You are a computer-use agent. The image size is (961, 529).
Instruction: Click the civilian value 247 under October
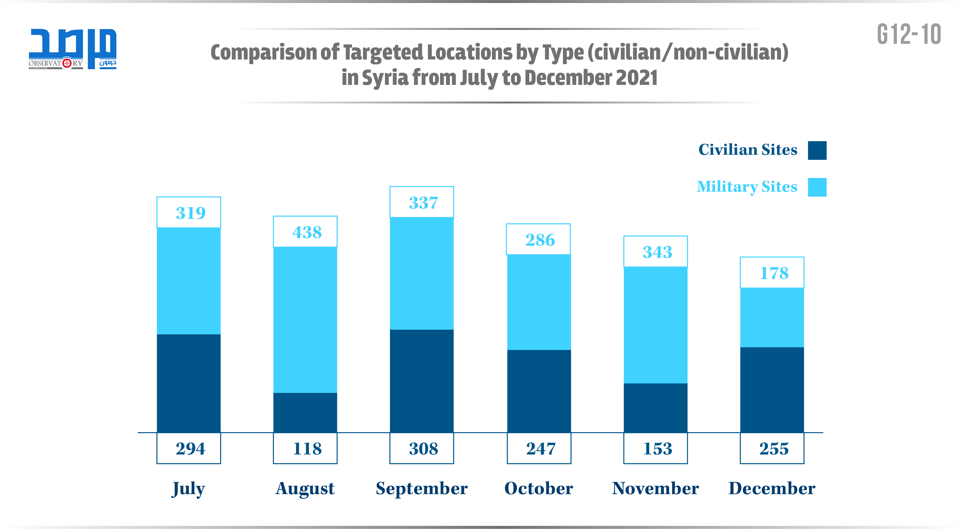click(x=540, y=448)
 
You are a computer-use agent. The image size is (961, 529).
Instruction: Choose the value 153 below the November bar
click(x=657, y=448)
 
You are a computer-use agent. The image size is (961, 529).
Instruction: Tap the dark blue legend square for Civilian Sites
click(x=817, y=150)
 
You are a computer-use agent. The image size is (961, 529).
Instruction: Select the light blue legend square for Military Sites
click(x=817, y=187)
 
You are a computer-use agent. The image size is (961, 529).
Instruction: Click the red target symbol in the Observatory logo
click(x=67, y=63)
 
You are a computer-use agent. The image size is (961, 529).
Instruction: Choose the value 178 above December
click(x=774, y=273)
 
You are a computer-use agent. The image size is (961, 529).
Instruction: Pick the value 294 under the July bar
click(x=190, y=448)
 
